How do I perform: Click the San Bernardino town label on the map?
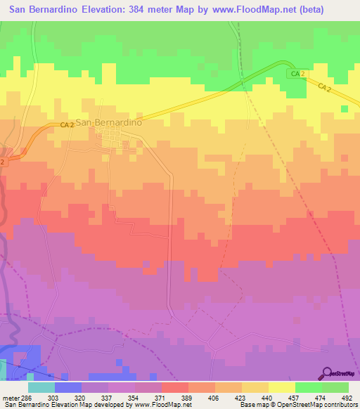(x=109, y=122)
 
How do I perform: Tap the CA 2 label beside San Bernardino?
(x=67, y=124)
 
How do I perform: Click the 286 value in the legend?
(x=28, y=398)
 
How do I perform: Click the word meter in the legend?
(x=10, y=398)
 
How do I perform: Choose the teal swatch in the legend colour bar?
(x=41, y=387)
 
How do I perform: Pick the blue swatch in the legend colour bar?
(x=68, y=387)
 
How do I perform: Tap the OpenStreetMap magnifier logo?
(x=326, y=373)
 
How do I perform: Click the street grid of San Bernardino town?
(x=115, y=143)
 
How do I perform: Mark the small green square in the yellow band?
(x=344, y=108)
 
